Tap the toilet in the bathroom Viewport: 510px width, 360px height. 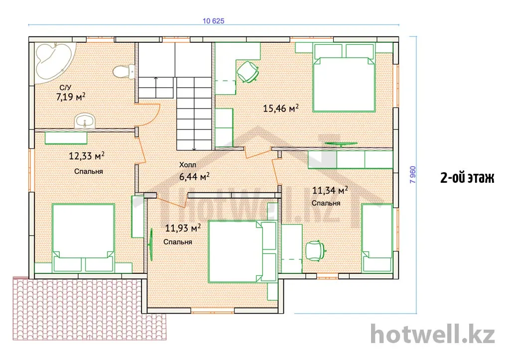[124, 71]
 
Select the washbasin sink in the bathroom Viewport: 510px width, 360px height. [85, 121]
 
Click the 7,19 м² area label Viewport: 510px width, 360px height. [71, 97]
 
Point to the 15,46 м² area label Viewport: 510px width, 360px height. [281, 108]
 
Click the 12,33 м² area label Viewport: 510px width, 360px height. [87, 156]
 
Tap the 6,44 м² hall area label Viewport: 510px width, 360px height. [194, 177]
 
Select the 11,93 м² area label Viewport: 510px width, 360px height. [183, 228]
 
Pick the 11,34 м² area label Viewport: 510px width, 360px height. [330, 190]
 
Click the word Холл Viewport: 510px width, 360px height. [188, 165]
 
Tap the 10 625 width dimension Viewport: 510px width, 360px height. [213, 21]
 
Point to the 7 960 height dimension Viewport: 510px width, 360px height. [412, 175]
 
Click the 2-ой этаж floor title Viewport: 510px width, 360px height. [467, 178]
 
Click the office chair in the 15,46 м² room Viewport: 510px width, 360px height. [248, 72]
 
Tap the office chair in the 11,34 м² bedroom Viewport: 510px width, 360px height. [315, 251]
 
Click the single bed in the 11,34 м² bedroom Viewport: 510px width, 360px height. [378, 238]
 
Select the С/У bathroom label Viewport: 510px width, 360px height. [65, 88]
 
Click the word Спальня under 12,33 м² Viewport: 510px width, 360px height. [89, 171]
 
